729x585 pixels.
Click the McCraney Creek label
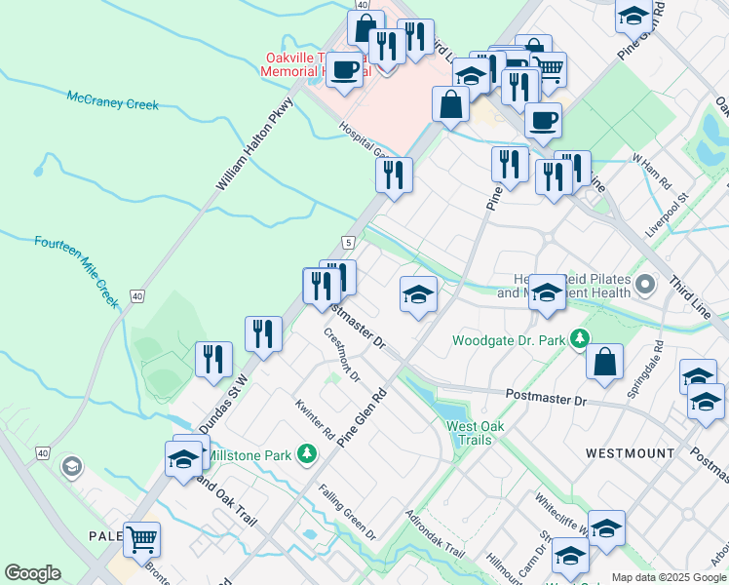click(x=113, y=100)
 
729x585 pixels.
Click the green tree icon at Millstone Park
click(x=307, y=454)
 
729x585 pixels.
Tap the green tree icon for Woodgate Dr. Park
click(x=581, y=339)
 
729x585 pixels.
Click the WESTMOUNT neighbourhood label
click(x=631, y=453)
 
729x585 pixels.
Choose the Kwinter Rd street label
click(x=315, y=418)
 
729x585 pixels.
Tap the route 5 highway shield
click(x=347, y=242)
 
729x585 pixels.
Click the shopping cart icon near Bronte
click(x=142, y=537)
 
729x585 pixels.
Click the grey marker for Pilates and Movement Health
click(x=645, y=285)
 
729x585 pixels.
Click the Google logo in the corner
click(x=32, y=573)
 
